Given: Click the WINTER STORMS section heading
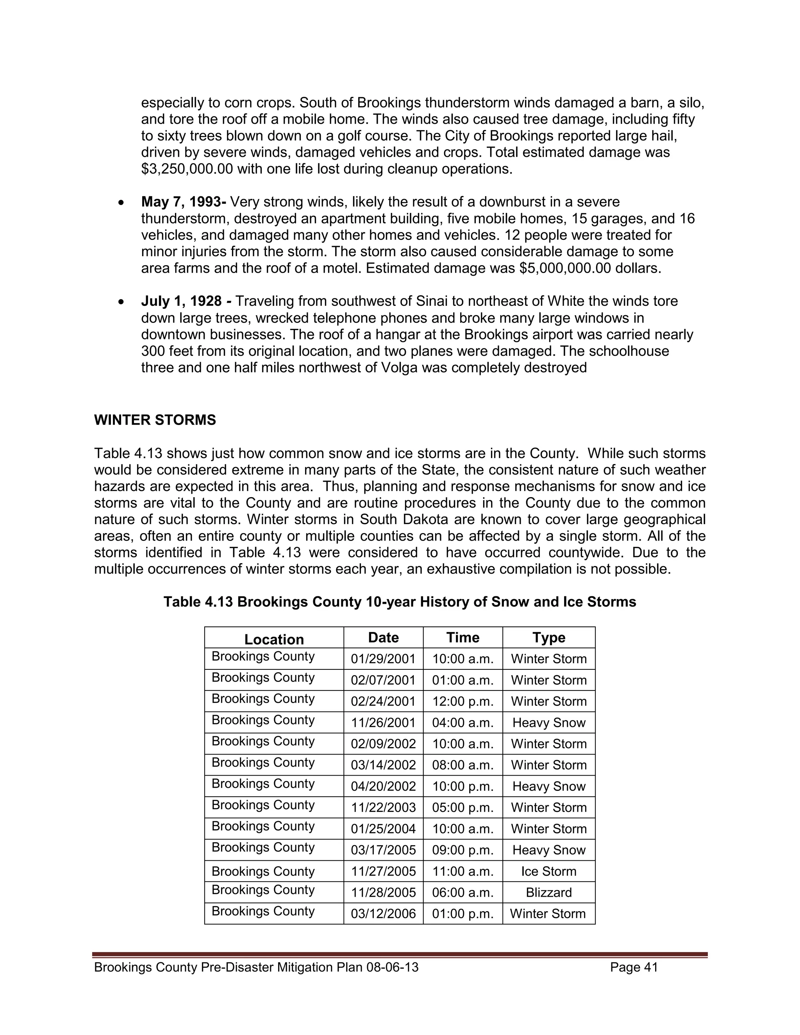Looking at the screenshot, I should pos(155,420).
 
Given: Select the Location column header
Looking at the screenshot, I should pos(274,639).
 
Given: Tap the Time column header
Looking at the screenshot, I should pos(462,637).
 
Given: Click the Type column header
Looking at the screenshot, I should pos(548,637).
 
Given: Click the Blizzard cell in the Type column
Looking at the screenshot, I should pos(548,892).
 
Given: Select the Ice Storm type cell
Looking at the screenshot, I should pos(548,871).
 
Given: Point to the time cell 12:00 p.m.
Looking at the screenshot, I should pos(462,701).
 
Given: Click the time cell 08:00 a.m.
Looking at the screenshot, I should pos(462,765).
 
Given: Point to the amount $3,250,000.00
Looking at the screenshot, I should pos(187,169).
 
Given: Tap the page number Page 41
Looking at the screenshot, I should pos(634,967).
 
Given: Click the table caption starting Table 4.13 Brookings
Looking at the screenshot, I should pos(400,602).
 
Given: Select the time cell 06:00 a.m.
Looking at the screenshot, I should pos(462,892).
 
